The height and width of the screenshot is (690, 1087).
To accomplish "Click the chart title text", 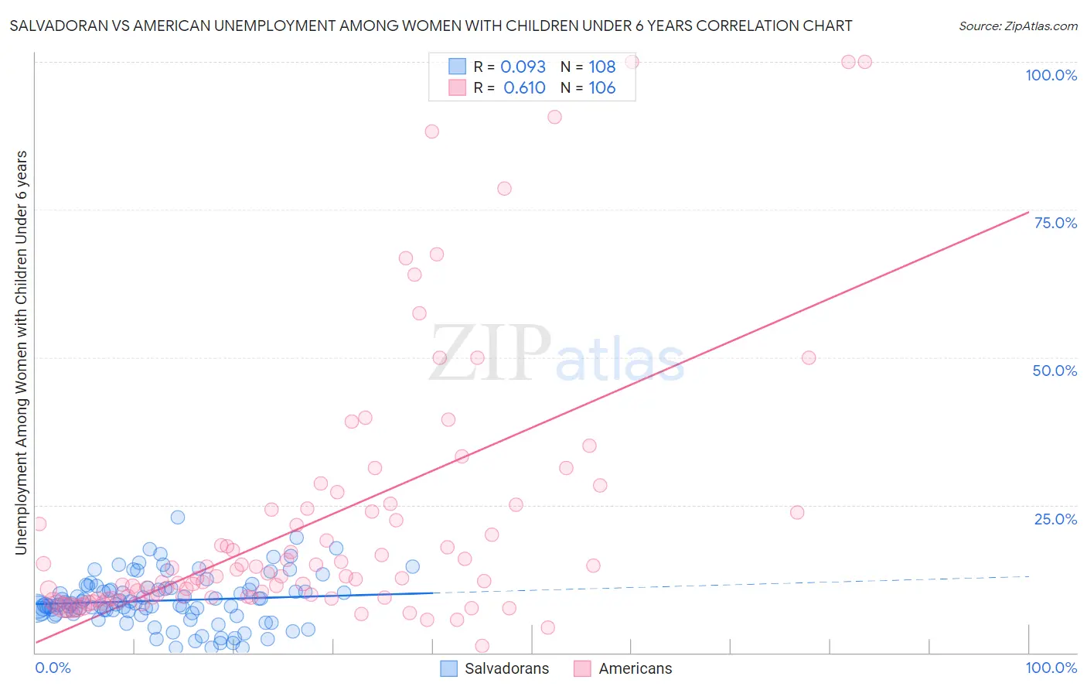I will [x=431, y=26].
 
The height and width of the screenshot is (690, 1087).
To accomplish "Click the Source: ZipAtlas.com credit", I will [x=1017, y=26].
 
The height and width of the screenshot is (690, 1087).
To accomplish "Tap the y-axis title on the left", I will [x=21, y=353].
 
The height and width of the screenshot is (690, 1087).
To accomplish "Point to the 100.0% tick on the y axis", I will [x=1051, y=75].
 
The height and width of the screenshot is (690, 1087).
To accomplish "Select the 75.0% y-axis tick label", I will [x=1055, y=223].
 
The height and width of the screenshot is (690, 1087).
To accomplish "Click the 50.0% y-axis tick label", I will [x=1055, y=371].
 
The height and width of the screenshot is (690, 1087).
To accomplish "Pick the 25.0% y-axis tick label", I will [x=1055, y=519].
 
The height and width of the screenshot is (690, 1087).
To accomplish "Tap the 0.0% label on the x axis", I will [x=53, y=668].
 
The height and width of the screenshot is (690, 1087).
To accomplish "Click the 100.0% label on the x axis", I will [x=1051, y=668].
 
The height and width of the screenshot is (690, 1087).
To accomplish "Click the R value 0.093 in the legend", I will [x=523, y=67].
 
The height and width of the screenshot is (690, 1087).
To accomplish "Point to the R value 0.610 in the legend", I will [x=524, y=88].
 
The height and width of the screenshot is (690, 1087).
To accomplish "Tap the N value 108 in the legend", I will [x=601, y=67].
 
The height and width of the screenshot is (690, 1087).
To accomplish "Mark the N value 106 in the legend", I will [x=601, y=88].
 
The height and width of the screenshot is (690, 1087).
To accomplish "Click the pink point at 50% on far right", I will [x=809, y=357].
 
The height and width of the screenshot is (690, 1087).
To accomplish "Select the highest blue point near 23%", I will [x=178, y=517].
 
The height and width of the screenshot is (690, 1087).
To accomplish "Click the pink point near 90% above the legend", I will [x=554, y=117].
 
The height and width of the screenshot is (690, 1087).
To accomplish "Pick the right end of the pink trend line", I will [x=1028, y=212].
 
